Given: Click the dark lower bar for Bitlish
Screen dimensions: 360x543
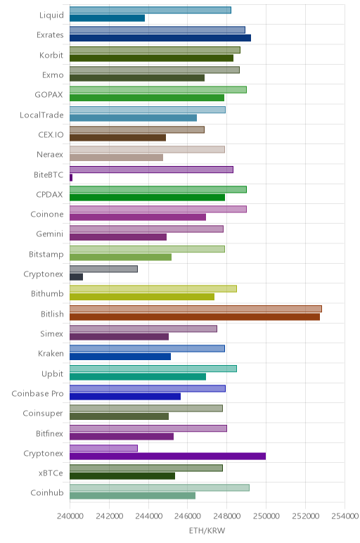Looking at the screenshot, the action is pos(195,317).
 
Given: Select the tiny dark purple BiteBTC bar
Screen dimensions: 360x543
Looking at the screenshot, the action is pos(71,178).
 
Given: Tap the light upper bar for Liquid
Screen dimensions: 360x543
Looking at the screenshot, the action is pos(150,10).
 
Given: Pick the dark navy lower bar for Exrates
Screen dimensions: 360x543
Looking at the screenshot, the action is pos(160,38).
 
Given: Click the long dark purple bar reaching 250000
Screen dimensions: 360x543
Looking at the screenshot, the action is pos(167,456).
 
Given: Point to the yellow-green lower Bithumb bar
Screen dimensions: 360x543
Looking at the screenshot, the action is pos(142,297).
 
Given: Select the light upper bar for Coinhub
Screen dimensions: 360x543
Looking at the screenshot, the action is pos(160,487).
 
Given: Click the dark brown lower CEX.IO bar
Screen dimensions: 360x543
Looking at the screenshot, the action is pos(117,137).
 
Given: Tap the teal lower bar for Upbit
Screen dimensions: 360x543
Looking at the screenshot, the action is pos(138,376).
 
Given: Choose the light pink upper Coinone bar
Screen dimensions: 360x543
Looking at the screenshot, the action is pos(158,209).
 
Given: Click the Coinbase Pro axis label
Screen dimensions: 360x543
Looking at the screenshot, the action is pos(37,394).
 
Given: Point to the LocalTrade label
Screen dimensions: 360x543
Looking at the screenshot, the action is pos(41,115).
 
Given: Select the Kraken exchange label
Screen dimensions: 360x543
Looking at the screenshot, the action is pos(51,354).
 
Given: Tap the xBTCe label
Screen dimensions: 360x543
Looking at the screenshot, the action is pos(51,473).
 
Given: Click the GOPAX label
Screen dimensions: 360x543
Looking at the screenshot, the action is pos(49,95).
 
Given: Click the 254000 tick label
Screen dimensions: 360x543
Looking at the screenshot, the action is pos(345,516).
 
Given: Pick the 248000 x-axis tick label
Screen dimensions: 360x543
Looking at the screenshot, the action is pos(226,516).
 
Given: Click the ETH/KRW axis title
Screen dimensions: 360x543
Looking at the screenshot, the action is pos(207,530).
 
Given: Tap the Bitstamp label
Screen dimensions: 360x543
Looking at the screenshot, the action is pos(46,254).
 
